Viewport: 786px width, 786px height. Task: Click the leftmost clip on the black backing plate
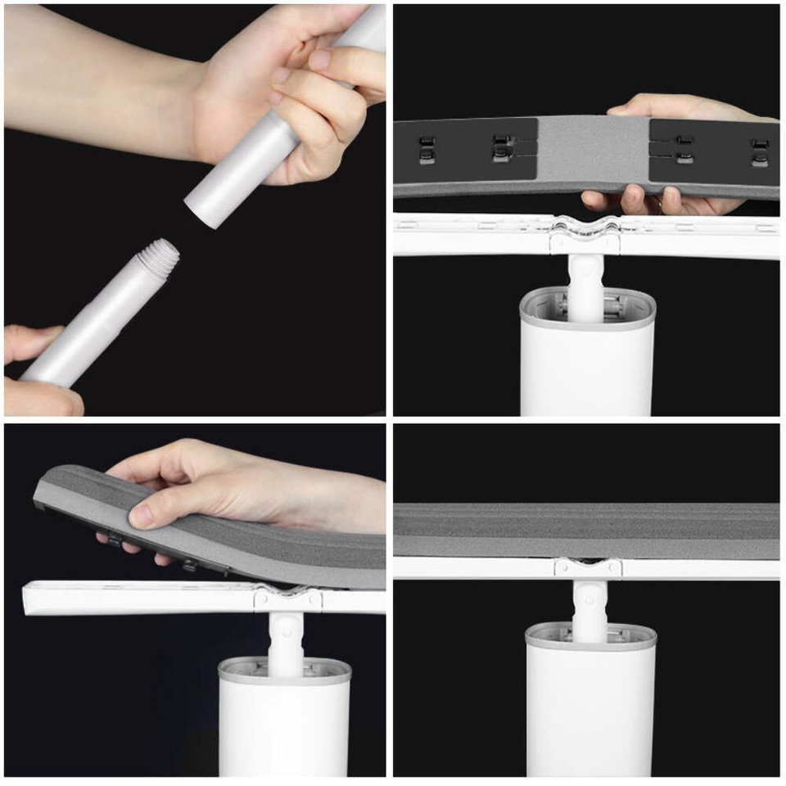[427, 151]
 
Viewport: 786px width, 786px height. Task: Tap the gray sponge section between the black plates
[593, 151]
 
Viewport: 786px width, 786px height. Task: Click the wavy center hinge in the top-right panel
[585, 228]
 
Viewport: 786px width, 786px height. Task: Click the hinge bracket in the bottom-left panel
[287, 599]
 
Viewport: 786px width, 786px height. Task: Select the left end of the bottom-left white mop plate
[33, 599]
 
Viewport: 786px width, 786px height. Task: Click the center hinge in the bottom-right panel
[587, 567]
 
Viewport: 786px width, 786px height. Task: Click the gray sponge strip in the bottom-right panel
[586, 531]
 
